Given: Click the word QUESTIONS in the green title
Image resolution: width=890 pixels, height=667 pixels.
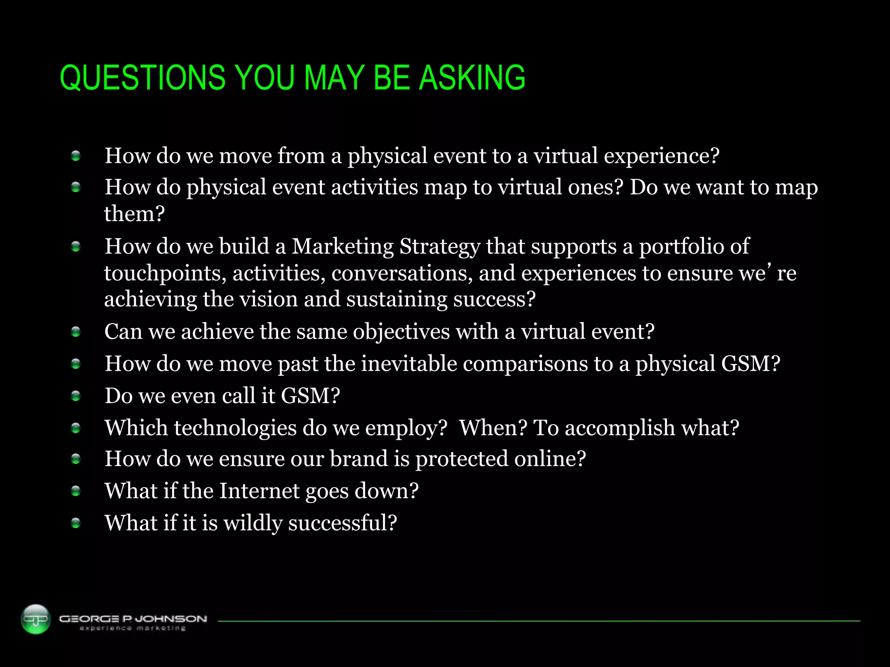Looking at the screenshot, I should pyautogui.click(x=143, y=78).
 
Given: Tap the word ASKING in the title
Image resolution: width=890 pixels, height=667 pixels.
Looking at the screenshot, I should pyautogui.click(x=472, y=78).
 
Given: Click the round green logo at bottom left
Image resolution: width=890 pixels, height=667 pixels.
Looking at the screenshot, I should pyautogui.click(x=36, y=619).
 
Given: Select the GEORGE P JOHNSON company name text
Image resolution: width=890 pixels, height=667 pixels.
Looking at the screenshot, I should pyautogui.click(x=133, y=618).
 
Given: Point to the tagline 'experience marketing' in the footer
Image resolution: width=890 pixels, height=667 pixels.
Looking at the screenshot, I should pyautogui.click(x=133, y=628).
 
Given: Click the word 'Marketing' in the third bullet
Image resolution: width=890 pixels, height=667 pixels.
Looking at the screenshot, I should pyautogui.click(x=342, y=246).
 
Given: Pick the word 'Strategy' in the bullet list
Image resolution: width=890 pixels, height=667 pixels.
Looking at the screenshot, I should pyautogui.click(x=439, y=247).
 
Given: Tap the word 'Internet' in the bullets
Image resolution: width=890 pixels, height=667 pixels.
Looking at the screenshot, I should pyautogui.click(x=259, y=491).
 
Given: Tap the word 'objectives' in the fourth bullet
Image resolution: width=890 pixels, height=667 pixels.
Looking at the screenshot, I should pyautogui.click(x=401, y=332).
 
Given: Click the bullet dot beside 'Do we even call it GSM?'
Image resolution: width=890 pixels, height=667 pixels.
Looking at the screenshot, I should pyautogui.click(x=76, y=396).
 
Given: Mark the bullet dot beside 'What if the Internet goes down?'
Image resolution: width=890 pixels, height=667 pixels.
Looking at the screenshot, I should pyautogui.click(x=76, y=491).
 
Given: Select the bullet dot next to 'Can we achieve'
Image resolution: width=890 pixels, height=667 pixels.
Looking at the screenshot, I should pyautogui.click(x=76, y=332).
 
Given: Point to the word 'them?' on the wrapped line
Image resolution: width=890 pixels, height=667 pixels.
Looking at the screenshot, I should pyautogui.click(x=134, y=214).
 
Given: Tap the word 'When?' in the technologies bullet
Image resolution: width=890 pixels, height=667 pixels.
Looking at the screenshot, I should pyautogui.click(x=493, y=428).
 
